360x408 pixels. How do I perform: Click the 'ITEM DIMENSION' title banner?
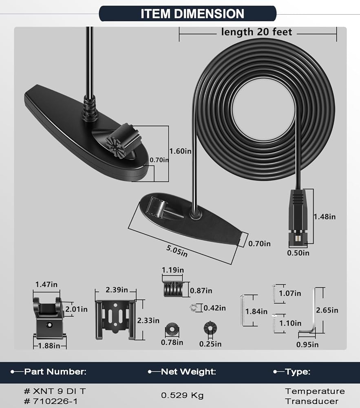click(x=188, y=13)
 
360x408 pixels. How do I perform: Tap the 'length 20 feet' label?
click(x=256, y=32)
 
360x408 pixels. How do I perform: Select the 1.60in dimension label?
click(x=180, y=151)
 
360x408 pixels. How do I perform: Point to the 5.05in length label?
click(x=177, y=251)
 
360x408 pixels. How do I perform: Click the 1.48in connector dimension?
click(x=325, y=217)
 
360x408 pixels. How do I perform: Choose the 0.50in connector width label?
click(x=298, y=253)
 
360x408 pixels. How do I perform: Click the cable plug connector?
click(x=298, y=218)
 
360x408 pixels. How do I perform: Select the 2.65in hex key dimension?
click(x=327, y=310)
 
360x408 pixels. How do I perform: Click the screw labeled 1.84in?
click(x=243, y=310)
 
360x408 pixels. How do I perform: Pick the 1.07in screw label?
click(x=290, y=293)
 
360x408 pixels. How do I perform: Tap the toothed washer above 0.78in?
click(x=172, y=330)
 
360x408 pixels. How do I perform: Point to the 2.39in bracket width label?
click(x=117, y=290)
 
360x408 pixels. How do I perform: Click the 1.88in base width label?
click(x=49, y=346)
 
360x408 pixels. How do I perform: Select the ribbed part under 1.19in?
click(x=173, y=289)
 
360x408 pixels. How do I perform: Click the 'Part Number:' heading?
click(x=55, y=372)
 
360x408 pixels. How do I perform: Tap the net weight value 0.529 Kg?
click(x=182, y=395)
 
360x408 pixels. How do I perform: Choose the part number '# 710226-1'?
click(x=51, y=401)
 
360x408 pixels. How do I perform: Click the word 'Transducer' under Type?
click(x=311, y=401)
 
